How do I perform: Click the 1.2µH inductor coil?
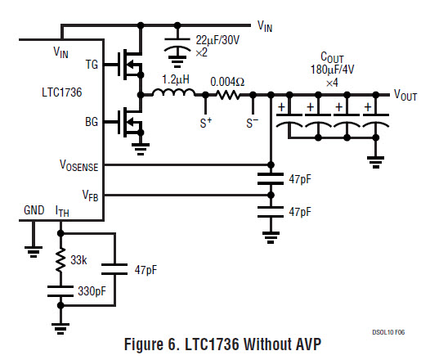click(x=174, y=92)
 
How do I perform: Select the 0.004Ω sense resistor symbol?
click(x=228, y=95)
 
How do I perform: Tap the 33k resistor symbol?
click(x=60, y=260)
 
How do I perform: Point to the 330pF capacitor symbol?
click(x=60, y=291)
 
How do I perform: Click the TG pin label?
click(x=92, y=65)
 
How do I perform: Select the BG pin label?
click(x=92, y=122)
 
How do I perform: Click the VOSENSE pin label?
click(x=79, y=165)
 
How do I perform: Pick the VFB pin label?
click(x=90, y=196)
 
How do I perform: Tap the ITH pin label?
click(x=62, y=211)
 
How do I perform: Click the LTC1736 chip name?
click(x=61, y=92)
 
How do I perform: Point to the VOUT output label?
click(x=405, y=95)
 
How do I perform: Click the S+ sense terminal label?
click(x=206, y=123)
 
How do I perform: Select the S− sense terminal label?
click(x=253, y=123)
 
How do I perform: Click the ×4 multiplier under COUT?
click(x=332, y=83)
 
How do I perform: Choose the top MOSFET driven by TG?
click(x=131, y=65)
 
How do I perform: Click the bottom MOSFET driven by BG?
click(x=131, y=122)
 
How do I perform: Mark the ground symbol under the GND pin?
click(x=34, y=252)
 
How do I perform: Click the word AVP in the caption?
click(x=307, y=344)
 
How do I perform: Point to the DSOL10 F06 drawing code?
click(x=388, y=332)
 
